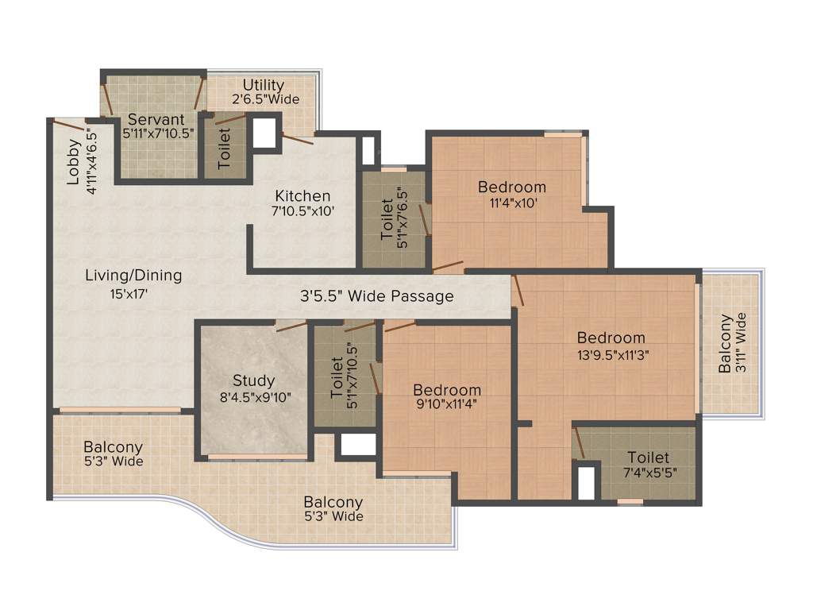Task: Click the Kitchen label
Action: point(302,196)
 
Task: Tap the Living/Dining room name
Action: point(133,276)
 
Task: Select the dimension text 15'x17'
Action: point(129,294)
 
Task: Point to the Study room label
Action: point(253,380)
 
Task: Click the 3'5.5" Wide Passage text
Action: point(377,296)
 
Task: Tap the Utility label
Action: point(264,85)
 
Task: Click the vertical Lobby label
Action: point(74,162)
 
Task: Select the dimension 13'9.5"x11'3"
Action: point(611,355)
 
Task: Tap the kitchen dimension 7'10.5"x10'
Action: point(302,212)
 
